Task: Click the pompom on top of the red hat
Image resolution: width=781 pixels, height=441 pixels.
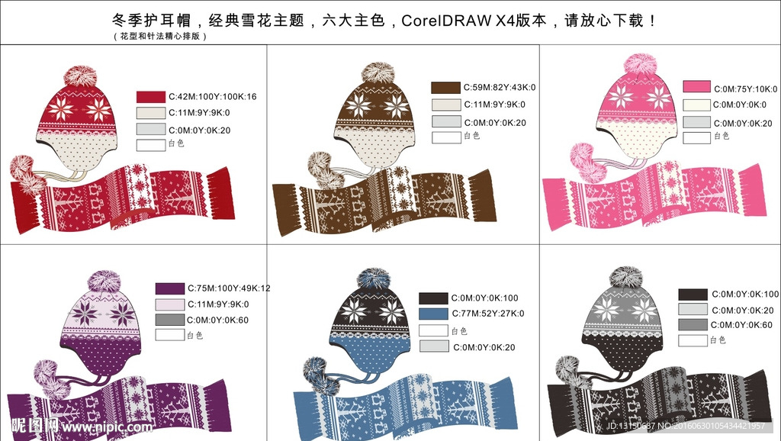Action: pyautogui.click(x=79, y=76)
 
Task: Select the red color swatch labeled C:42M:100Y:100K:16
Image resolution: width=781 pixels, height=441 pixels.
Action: pyautogui.click(x=151, y=97)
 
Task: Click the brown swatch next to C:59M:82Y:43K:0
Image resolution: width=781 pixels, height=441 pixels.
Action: pyautogui.click(x=445, y=88)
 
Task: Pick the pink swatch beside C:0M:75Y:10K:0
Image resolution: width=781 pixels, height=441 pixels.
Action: pyautogui.click(x=697, y=87)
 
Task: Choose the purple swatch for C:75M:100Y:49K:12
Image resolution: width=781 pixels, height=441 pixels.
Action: pyautogui.click(x=170, y=288)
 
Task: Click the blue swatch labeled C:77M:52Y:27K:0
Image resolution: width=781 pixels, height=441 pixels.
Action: pyautogui.click(x=433, y=314)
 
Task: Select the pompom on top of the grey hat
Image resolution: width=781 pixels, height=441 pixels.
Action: pyautogui.click(x=625, y=277)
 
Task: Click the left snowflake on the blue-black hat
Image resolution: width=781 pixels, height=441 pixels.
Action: pyautogui.click(x=354, y=310)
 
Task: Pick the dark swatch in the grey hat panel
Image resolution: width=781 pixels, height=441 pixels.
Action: pyautogui.click(x=693, y=295)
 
